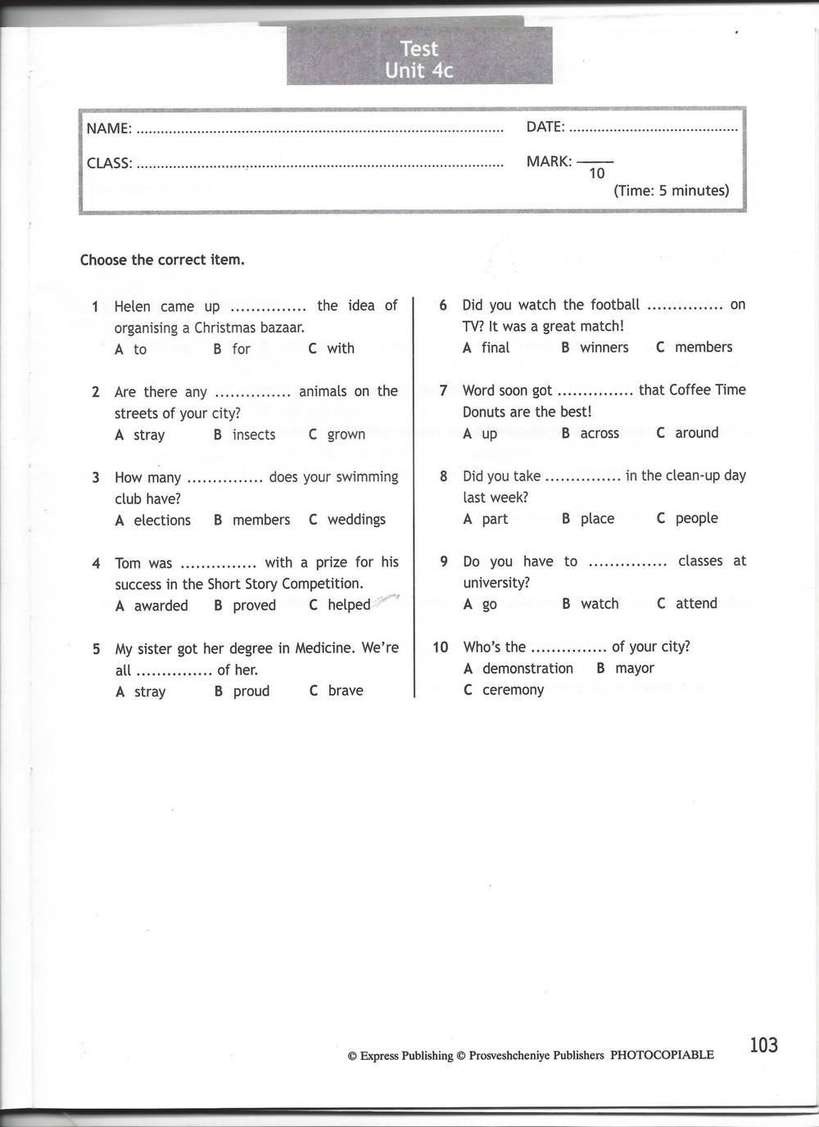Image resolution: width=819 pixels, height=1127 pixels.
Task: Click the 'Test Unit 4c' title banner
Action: point(419,59)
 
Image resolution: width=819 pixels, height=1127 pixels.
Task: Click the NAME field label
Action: point(109,128)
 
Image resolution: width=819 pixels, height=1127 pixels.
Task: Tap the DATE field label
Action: point(545,127)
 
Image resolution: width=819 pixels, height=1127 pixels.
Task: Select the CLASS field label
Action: point(110,163)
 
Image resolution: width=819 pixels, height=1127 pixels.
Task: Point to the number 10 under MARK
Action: point(596,174)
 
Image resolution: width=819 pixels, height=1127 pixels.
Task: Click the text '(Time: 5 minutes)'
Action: point(671,191)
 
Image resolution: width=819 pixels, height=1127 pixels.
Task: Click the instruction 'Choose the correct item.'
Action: point(162,260)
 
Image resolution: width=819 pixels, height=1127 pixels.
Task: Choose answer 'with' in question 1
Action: point(341,349)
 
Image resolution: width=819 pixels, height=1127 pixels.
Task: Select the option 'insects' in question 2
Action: point(254,435)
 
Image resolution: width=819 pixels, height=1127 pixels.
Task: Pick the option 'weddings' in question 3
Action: point(356,520)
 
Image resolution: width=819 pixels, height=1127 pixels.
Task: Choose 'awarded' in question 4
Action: point(161,606)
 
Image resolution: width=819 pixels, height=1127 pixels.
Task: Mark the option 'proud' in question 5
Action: point(251,692)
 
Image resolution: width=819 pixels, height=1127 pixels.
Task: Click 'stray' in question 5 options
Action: point(149,692)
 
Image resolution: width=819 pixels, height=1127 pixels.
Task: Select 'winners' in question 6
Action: point(604,348)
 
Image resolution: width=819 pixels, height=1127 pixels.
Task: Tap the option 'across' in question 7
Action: point(600,434)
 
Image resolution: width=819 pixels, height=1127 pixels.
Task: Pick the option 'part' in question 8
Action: point(495,519)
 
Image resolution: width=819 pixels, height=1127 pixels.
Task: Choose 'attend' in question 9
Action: point(696,604)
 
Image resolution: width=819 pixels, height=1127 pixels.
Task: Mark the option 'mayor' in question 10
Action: point(635,669)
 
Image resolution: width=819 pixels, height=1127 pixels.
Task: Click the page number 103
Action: point(763,1045)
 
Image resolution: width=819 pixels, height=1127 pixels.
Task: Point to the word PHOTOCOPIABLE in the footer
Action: point(662,1055)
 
